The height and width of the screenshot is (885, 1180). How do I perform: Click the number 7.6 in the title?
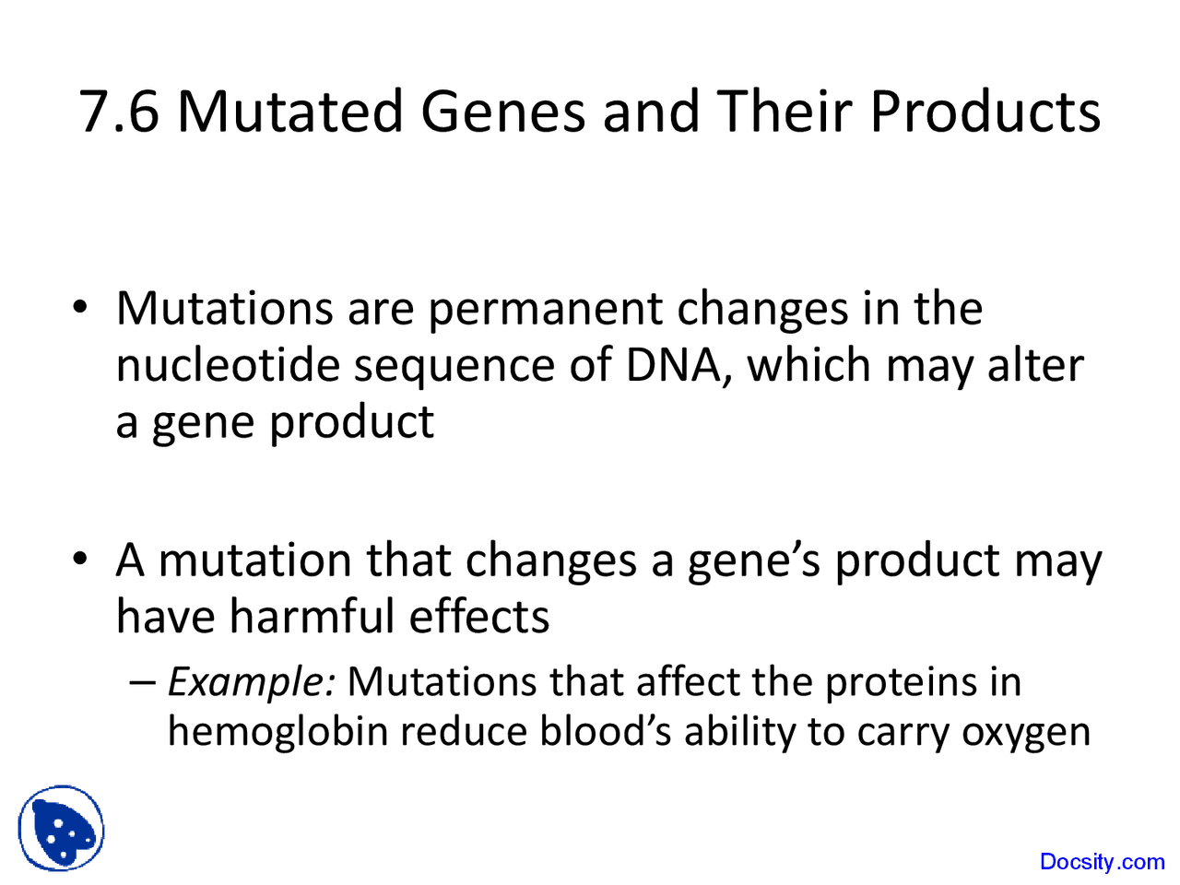coord(119,112)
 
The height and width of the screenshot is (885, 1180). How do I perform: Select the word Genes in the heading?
coord(503,112)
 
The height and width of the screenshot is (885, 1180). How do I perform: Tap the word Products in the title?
coord(985,112)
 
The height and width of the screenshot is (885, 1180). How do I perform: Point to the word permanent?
coord(545,309)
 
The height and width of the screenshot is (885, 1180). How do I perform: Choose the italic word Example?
coord(251,683)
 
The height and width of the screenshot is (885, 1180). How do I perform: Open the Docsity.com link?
coord(1102,862)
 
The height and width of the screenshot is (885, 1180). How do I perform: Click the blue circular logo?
coord(62,829)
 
